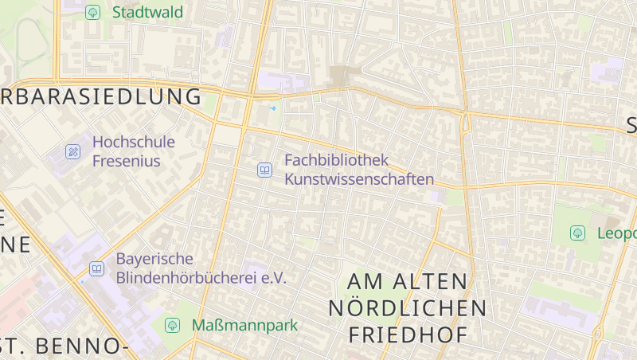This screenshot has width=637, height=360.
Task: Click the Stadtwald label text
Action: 147,12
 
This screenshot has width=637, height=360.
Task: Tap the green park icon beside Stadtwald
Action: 93,12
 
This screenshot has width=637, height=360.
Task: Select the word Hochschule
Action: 133,142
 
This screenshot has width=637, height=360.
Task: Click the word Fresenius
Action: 127,161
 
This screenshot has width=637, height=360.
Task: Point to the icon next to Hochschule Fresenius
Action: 73,151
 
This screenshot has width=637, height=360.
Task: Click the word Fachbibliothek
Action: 336,160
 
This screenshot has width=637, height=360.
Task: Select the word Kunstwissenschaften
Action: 359,179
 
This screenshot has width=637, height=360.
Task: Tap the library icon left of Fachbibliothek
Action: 264,169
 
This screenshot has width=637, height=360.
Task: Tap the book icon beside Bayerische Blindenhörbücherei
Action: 96,268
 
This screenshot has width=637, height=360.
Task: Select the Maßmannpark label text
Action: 244,325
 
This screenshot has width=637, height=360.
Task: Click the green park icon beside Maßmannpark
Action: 172,325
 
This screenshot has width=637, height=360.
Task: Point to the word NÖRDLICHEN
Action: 407,308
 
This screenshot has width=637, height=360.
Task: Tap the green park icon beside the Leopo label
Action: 577,233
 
